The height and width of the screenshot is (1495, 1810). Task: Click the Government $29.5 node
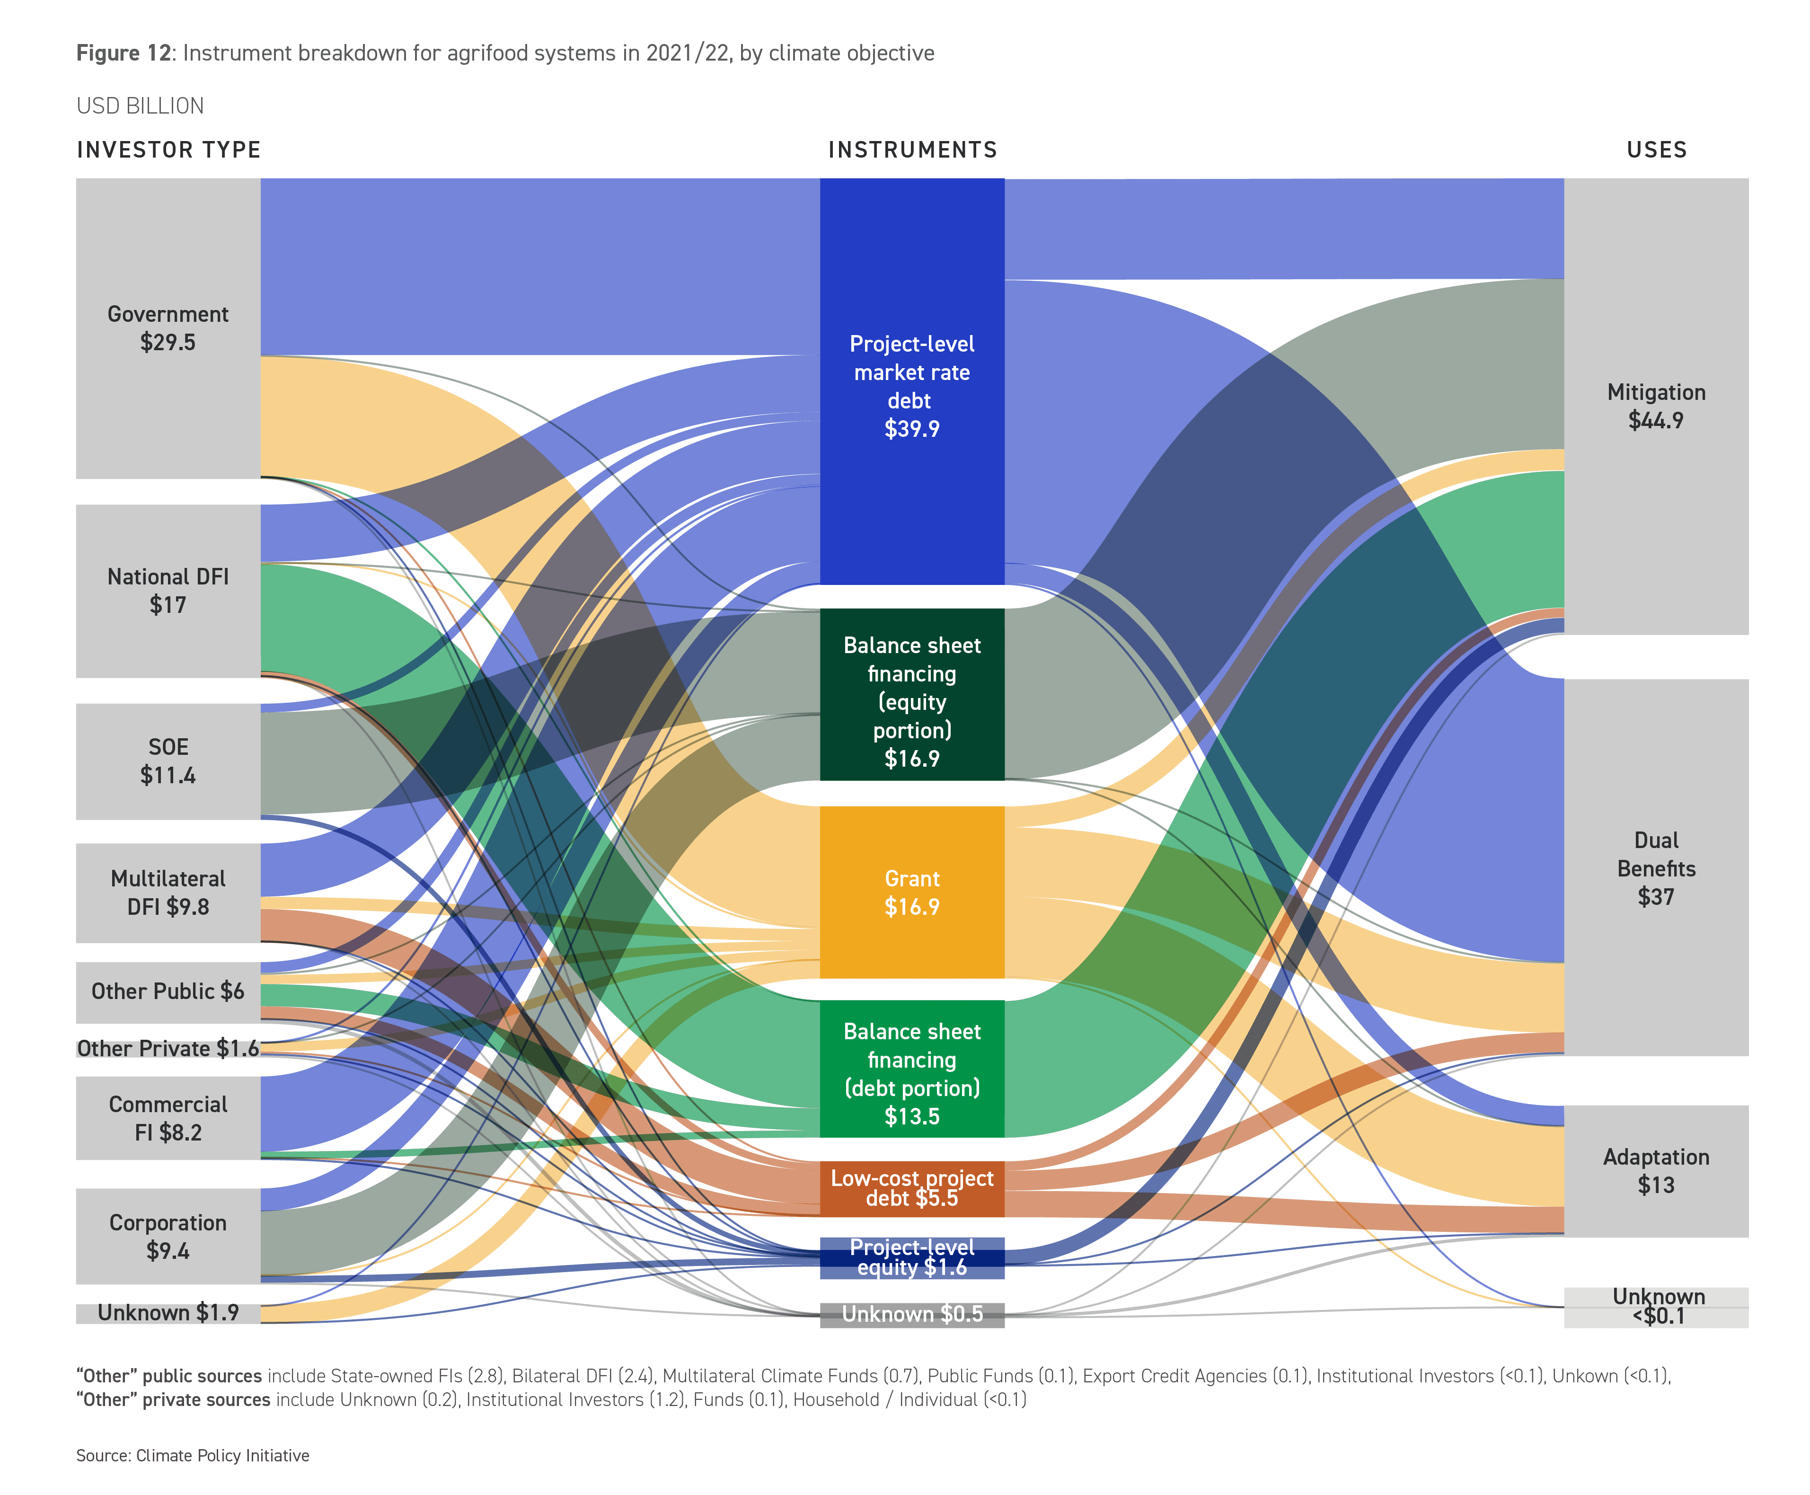(x=168, y=328)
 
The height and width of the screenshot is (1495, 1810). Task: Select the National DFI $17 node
(x=168, y=591)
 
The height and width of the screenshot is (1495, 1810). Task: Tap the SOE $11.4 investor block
(x=168, y=761)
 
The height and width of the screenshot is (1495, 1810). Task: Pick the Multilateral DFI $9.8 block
(x=168, y=892)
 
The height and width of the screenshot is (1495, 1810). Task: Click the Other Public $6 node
(x=168, y=991)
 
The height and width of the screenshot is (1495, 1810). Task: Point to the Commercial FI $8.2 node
(x=168, y=1118)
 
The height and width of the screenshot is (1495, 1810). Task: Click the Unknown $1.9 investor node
(x=168, y=1312)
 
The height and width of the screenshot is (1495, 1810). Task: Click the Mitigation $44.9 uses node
(x=1655, y=407)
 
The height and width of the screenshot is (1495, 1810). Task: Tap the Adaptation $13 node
(x=1655, y=1171)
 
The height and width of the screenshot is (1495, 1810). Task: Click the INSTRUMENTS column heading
(x=912, y=150)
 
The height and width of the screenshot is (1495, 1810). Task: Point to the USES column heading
(x=1656, y=150)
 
